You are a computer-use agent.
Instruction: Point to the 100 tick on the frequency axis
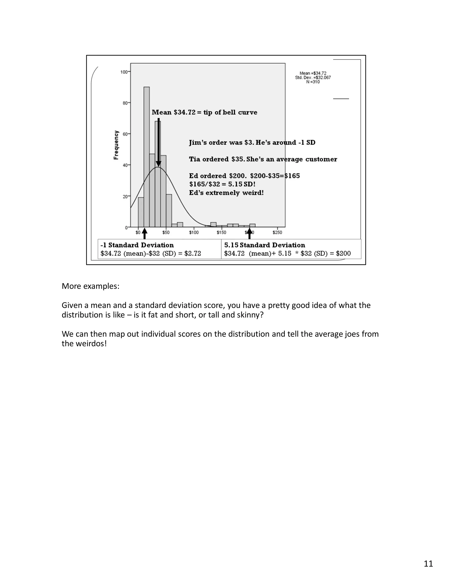(124, 72)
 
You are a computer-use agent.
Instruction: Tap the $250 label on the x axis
(277, 232)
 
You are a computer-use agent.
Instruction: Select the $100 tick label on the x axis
(194, 232)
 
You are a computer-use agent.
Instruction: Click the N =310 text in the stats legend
(313, 82)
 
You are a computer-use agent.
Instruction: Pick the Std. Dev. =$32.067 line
(313, 78)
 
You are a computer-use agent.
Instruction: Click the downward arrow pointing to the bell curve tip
(158, 142)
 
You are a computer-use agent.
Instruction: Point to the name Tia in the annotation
(194, 159)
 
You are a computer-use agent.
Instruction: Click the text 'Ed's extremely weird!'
(226, 193)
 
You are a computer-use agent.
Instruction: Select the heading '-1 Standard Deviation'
(137, 245)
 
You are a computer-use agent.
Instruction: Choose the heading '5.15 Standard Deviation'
(265, 245)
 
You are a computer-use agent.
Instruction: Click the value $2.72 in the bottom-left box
(192, 253)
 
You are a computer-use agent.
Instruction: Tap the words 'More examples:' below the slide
(90, 286)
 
